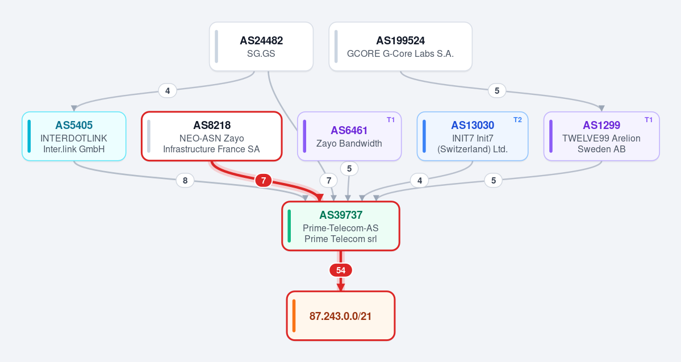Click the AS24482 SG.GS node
point(261,47)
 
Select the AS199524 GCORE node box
point(400,47)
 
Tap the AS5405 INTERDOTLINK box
point(74,136)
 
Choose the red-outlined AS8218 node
point(212,136)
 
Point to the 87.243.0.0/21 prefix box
point(341,316)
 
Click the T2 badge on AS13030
point(517,120)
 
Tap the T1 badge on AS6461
point(391,120)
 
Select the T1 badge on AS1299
point(649,120)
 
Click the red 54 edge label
point(341,271)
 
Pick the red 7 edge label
point(263,180)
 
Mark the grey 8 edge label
point(185,180)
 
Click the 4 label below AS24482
point(168,91)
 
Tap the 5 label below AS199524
point(497,91)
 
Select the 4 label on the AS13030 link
point(420,180)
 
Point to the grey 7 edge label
point(329,180)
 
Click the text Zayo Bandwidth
point(349,143)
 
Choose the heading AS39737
point(341,215)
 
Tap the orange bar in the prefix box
point(294,316)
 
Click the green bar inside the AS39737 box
point(289,226)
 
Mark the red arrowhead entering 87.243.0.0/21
point(341,287)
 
